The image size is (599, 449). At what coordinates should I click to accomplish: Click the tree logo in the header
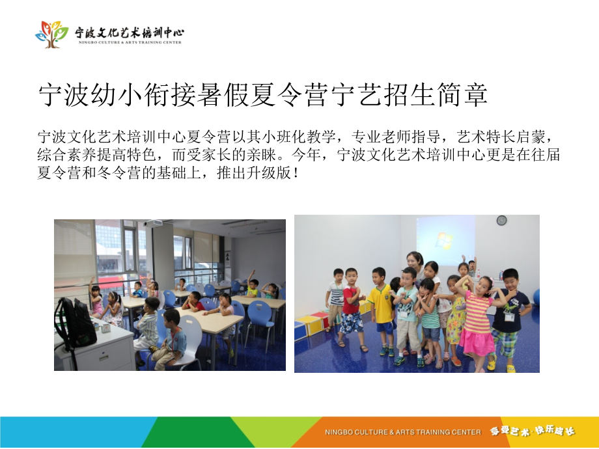[51, 33]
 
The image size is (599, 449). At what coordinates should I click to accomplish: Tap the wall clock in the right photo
[501, 221]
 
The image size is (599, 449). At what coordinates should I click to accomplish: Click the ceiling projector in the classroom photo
[154, 223]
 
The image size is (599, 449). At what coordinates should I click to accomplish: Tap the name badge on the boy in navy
[508, 317]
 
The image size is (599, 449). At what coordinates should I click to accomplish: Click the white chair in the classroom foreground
[191, 338]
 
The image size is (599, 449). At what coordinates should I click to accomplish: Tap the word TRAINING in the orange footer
[429, 432]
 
